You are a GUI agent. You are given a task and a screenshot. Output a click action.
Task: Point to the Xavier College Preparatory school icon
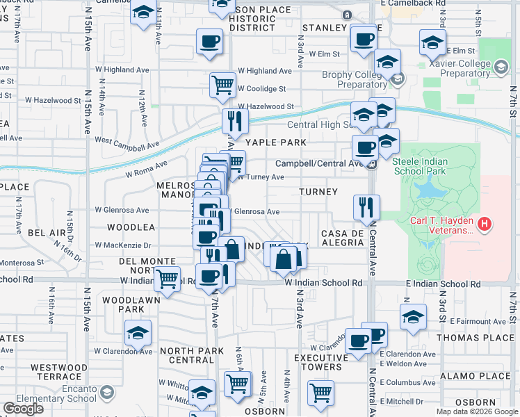pyautogui.click(x=501, y=67)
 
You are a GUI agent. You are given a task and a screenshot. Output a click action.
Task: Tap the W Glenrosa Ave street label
pyautogui.click(x=122, y=210)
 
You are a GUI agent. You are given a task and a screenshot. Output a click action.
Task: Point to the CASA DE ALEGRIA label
pyautogui.click(x=343, y=237)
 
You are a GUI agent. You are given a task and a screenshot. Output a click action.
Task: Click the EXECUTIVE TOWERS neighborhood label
pyautogui.click(x=318, y=361)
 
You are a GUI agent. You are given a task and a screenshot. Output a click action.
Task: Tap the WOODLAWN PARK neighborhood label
pyautogui.click(x=122, y=304)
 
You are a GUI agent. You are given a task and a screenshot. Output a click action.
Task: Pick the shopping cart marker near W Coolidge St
pyautogui.click(x=222, y=85)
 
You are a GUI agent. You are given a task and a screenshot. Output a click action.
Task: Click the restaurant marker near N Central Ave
pyautogui.click(x=365, y=206)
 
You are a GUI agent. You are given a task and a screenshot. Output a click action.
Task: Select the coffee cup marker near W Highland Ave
pyautogui.click(x=209, y=41)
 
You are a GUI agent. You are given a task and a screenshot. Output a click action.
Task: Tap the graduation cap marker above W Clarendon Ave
pyautogui.click(x=138, y=333)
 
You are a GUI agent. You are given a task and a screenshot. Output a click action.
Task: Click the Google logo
pyautogui.click(x=23, y=409)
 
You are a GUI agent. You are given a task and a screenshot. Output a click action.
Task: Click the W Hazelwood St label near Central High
pyautogui.click(x=266, y=106)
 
